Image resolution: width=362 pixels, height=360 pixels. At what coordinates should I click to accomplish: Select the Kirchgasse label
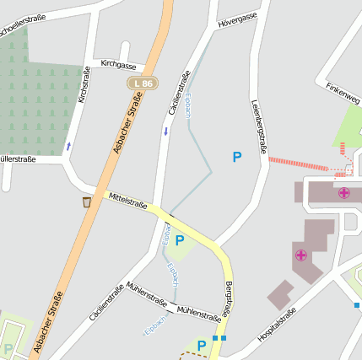[118, 65]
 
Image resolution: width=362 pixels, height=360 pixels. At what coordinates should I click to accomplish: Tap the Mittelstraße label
[127, 201]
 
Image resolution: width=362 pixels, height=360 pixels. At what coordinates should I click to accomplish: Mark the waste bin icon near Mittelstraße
[87, 202]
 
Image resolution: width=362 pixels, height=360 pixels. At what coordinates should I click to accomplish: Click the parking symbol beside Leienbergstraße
[237, 156]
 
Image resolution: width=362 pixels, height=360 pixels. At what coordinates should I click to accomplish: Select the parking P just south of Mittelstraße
[179, 240]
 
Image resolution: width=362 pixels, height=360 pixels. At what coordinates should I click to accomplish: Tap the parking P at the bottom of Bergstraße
[201, 345]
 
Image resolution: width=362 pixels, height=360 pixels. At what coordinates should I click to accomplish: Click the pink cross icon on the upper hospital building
[344, 193]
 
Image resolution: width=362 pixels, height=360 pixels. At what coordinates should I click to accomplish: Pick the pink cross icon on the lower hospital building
[300, 255]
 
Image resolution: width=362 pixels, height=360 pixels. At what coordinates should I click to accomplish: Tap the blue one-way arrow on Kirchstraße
[68, 147]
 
